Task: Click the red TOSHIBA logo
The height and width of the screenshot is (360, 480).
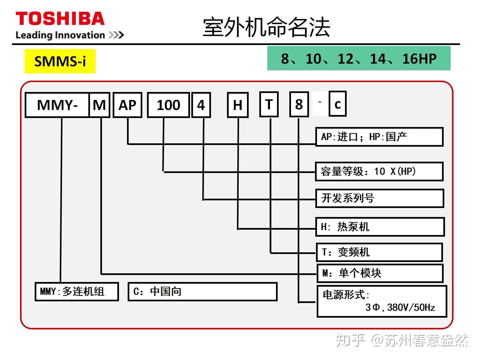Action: [x=60, y=18]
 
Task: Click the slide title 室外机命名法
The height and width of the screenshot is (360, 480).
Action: [x=266, y=27]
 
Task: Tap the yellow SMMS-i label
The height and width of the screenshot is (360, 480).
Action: [x=60, y=61]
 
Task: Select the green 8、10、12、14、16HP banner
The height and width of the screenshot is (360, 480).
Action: [x=359, y=58]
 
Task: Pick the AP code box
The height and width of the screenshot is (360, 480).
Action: [x=127, y=105]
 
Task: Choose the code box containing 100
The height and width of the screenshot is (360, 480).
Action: [x=168, y=105]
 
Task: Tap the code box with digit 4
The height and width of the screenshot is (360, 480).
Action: [x=201, y=105]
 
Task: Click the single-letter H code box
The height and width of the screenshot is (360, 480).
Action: [x=238, y=105]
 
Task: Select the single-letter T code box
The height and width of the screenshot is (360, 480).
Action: [x=269, y=104]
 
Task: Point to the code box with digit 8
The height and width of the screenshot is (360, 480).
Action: [x=299, y=104]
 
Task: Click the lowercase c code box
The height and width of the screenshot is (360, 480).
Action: [x=338, y=104]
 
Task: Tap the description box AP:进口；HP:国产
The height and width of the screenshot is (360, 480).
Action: [x=379, y=137]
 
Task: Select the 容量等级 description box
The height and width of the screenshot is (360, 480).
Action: [x=379, y=171]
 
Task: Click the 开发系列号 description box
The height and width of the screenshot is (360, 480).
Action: [x=380, y=198]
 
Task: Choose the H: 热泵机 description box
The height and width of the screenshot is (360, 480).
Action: [x=380, y=227]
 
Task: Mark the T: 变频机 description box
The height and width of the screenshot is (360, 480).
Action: [x=379, y=252]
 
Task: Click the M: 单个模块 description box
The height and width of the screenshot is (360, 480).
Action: [x=380, y=273]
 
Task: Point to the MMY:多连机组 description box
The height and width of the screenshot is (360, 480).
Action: [x=77, y=292]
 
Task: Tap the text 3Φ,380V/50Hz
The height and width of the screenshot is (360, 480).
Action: [x=400, y=308]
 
